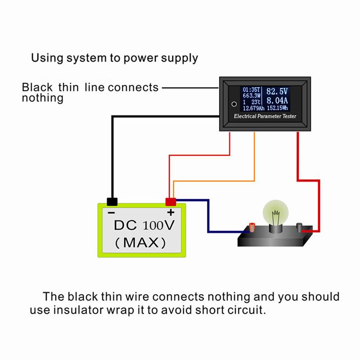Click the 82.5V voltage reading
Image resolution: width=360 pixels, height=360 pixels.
[277, 92]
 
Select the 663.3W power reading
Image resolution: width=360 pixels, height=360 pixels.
[251, 95]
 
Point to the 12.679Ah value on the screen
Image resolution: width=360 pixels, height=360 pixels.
[253, 108]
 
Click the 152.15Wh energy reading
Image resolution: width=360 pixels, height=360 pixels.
[277, 108]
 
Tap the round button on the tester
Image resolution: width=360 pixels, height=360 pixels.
[234, 103]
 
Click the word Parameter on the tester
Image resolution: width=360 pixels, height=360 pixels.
[265, 117]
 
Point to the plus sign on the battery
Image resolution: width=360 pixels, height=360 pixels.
[171, 212]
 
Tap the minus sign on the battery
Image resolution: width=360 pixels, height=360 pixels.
[112, 212]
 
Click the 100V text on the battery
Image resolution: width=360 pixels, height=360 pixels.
[157, 225]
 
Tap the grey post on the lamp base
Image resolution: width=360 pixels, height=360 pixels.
[300, 225]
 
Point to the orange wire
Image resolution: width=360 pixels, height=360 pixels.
[255, 157]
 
